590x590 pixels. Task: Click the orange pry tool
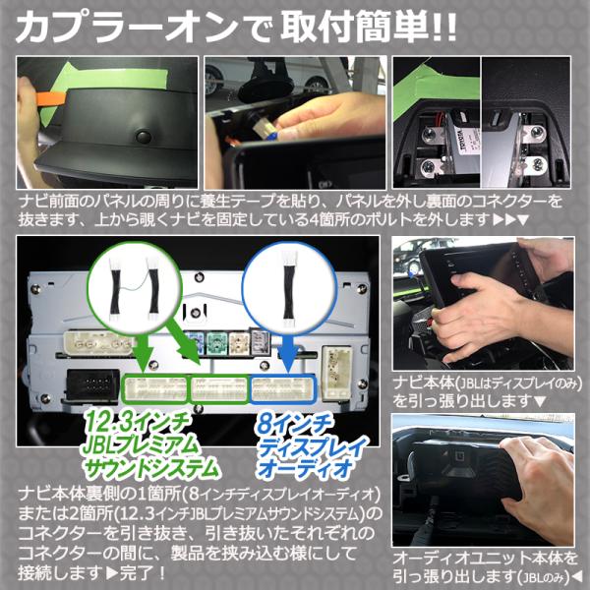[x=51, y=98]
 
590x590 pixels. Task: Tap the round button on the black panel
[x=144, y=137]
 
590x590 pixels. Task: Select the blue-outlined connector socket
[x=283, y=389]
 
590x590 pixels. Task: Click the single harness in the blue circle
[x=289, y=286]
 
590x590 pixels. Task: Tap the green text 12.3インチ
[x=136, y=425]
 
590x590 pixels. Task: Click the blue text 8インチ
[x=293, y=425]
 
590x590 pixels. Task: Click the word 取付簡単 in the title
[x=356, y=28]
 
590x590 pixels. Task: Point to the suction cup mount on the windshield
[x=266, y=85]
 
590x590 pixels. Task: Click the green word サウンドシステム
[x=150, y=468]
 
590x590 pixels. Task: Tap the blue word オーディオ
[x=305, y=468]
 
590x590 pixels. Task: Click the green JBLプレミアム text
[x=140, y=445]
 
